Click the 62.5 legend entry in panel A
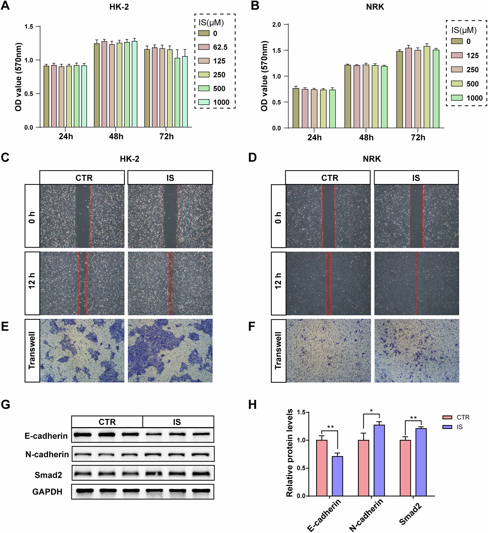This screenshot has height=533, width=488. coord(220,47)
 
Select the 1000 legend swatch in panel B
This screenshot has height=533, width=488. coord(456,98)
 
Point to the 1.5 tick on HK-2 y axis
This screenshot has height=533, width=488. coord(29,27)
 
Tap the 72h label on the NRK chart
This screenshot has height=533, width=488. coord(418,138)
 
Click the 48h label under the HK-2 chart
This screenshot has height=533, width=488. coord(116,136)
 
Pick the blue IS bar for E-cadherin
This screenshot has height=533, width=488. coord(337,476)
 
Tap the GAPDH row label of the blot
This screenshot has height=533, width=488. coord(47,492)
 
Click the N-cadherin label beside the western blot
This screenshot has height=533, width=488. coord(47,455)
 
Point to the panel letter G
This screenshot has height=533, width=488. coord(6,404)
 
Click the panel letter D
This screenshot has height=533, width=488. coord(252,158)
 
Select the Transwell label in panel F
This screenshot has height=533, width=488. coord(278,351)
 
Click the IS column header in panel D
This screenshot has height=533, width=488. coord(416,178)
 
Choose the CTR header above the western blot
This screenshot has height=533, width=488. coord(107,422)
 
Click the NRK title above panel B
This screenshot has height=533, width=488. coord(375,7)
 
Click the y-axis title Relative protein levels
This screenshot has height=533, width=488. coord(290,453)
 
